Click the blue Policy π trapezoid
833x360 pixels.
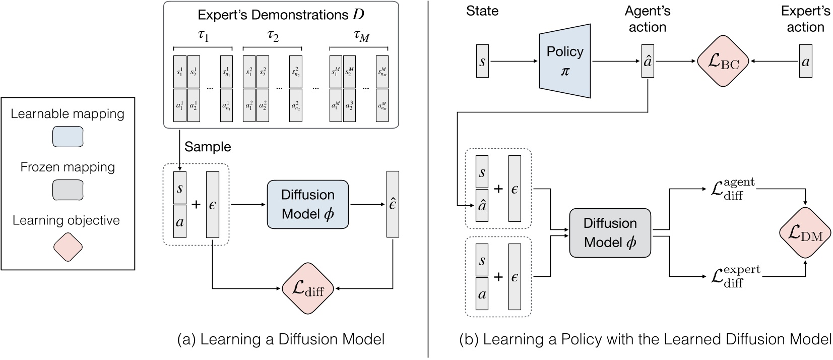(x=564, y=61)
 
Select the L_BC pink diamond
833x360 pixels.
(x=723, y=61)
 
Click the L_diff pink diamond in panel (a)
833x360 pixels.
(x=308, y=288)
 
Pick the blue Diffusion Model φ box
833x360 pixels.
(x=307, y=204)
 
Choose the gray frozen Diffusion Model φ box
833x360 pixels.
(x=610, y=232)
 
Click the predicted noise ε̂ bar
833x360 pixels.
(x=393, y=204)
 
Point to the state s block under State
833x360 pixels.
(x=482, y=61)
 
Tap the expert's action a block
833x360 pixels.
(x=805, y=61)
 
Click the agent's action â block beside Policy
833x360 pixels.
(x=648, y=61)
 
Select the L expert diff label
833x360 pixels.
(x=735, y=276)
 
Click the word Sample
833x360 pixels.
(x=208, y=147)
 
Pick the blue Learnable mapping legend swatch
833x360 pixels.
(x=68, y=137)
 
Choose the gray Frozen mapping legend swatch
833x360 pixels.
(x=68, y=190)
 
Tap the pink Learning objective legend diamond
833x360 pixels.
(x=68, y=247)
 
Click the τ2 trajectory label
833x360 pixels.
(x=273, y=36)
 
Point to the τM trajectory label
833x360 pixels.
(x=361, y=36)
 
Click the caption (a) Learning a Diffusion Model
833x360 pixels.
(x=281, y=339)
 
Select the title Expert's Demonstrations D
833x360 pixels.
(x=281, y=15)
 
